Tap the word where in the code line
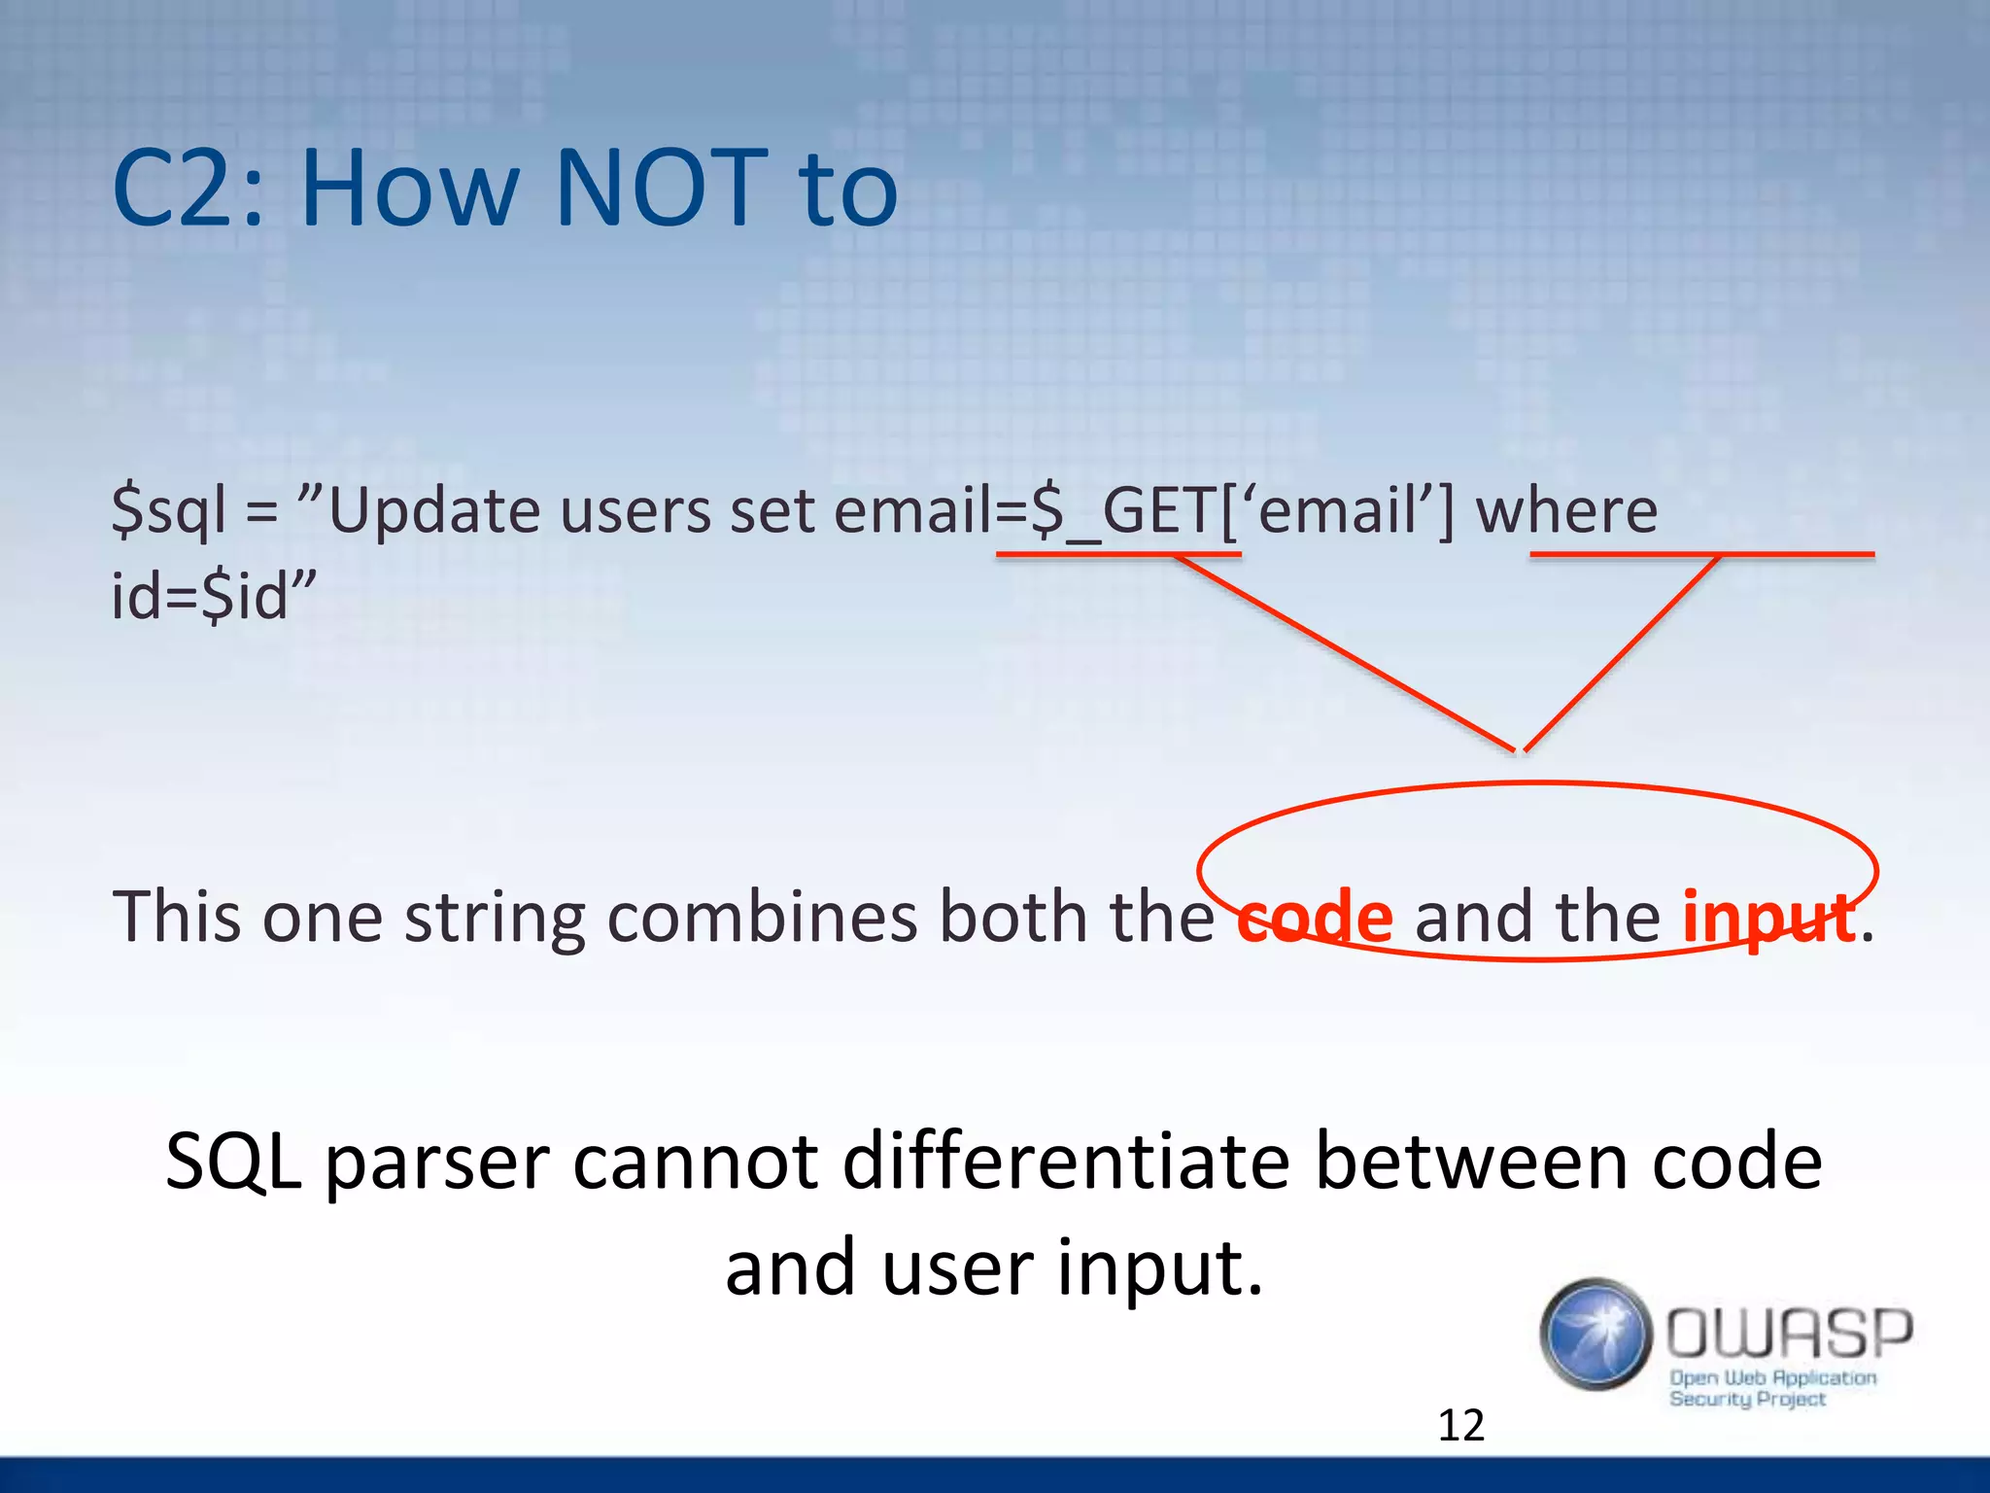[1566, 511]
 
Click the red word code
[1315, 917]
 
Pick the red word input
[1767, 917]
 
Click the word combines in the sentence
[762, 917]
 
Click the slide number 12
[1460, 1426]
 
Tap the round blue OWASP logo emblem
[1595, 1334]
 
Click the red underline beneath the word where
[1701, 555]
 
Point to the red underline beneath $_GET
[1117, 555]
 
